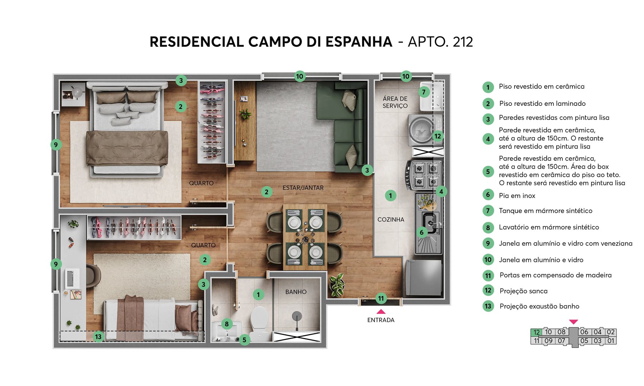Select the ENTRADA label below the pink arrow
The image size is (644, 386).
pos(381,320)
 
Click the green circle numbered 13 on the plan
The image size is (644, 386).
pos(98,336)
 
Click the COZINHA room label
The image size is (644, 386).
pos(391,219)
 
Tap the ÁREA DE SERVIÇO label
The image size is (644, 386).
pos(395,102)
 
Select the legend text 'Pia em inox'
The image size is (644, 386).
pos(517,196)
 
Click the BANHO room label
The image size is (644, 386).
pos(296,292)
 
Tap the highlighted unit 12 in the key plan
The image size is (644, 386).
pos(536,332)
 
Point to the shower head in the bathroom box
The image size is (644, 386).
pos(297,316)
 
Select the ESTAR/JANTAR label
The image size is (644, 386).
pos(303,188)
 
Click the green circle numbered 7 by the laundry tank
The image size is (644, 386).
pos(424,92)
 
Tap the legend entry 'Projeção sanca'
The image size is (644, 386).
pos(523,291)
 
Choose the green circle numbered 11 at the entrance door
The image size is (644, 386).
pos(381,298)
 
